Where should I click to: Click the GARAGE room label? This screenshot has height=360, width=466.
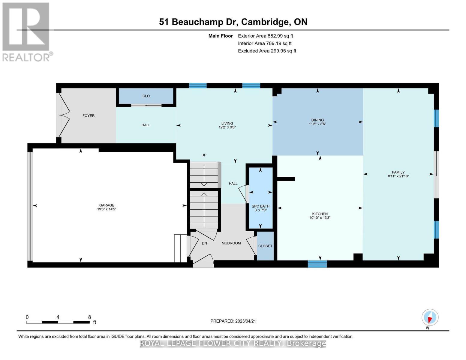click(107, 205)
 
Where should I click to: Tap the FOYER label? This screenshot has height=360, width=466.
click(89, 115)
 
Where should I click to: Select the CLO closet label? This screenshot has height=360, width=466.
click(146, 96)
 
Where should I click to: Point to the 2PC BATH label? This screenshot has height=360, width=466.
click(260, 206)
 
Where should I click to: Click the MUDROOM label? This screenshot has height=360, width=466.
click(231, 243)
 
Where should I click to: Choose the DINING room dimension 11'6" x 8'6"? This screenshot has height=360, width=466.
click(317, 124)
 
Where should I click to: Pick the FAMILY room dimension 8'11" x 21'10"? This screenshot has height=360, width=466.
click(398, 176)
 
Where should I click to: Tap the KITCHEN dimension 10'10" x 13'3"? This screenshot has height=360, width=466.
click(320, 218)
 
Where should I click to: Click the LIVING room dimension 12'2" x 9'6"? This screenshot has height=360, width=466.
click(227, 127)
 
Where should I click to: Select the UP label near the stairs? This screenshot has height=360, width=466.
click(204, 155)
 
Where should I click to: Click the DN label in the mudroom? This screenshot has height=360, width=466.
click(204, 243)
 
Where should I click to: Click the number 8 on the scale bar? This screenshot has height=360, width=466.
click(89, 317)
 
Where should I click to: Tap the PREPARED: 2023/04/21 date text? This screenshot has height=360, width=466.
click(233, 321)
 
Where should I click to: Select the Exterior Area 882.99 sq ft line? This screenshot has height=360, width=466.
click(265, 36)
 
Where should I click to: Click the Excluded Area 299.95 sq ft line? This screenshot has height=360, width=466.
click(267, 51)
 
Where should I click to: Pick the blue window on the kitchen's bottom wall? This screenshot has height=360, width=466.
click(317, 264)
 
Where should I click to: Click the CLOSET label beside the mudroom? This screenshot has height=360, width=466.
click(265, 246)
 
